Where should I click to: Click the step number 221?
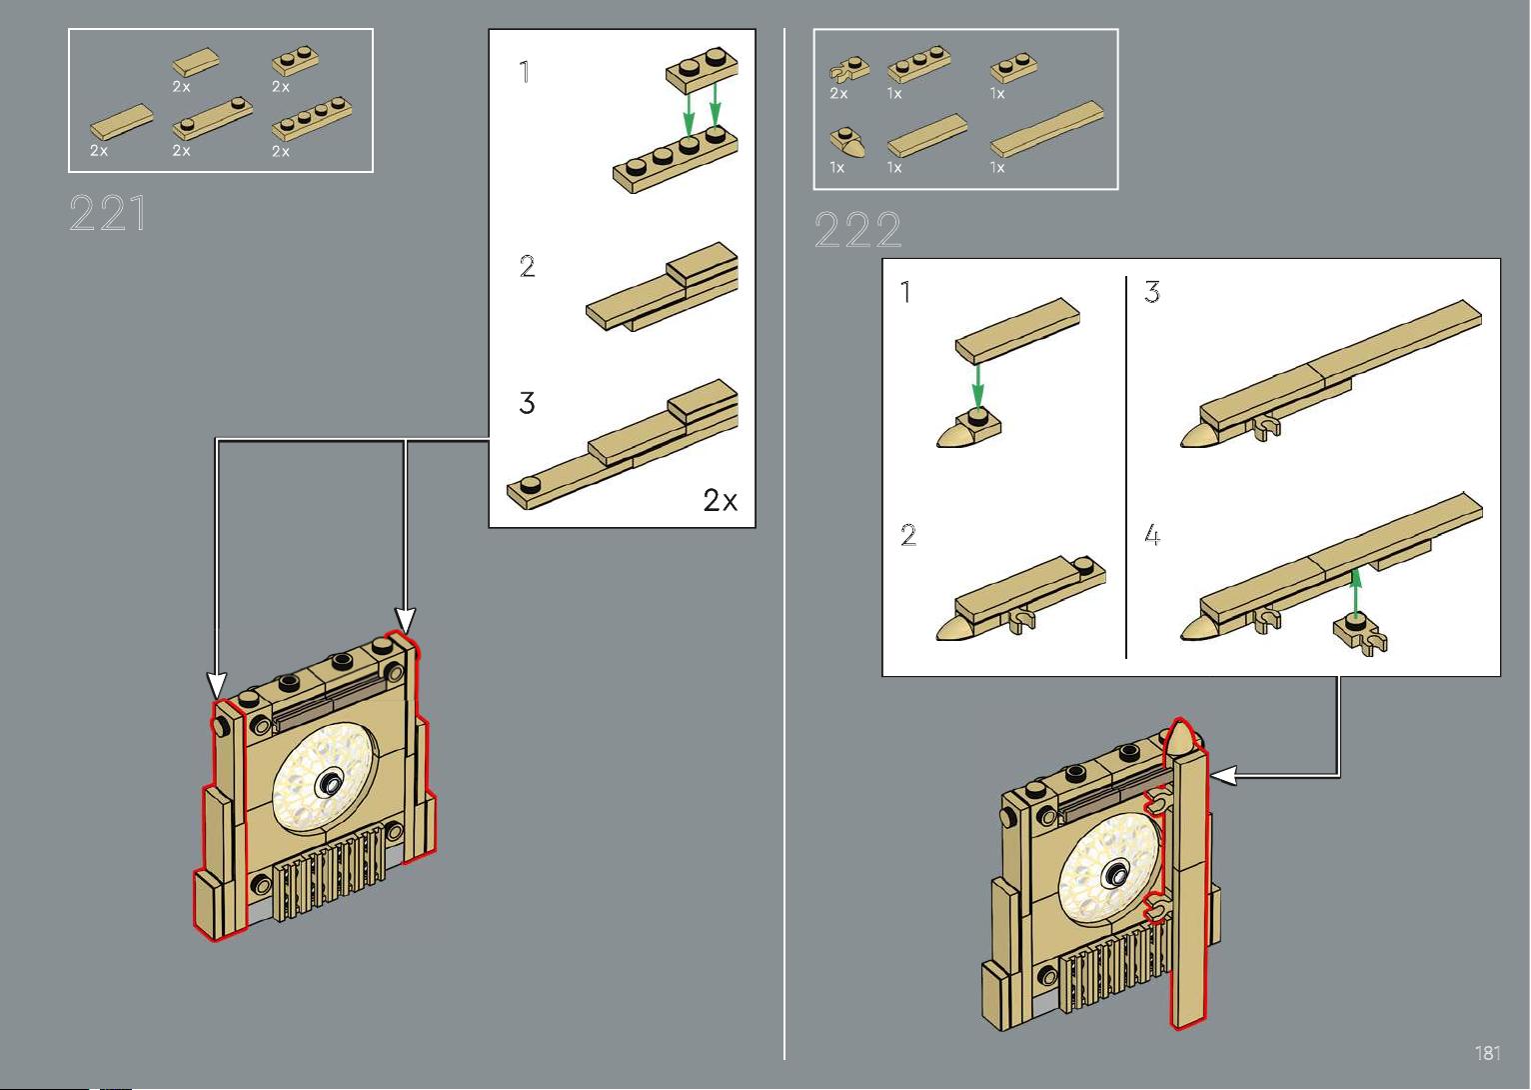(108, 214)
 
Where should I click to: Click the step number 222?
(857, 231)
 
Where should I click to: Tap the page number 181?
(1487, 1053)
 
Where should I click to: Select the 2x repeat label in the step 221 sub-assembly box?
(720, 500)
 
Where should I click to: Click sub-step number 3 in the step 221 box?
(527, 403)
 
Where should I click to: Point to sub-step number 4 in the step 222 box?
(1152, 536)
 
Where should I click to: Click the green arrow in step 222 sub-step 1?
(977, 384)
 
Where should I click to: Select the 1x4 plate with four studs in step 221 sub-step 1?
(675, 163)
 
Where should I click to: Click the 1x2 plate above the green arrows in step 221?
(702, 69)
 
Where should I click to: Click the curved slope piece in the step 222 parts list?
(845, 141)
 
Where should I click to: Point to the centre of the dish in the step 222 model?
(1110, 876)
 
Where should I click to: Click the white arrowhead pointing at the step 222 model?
(1222, 774)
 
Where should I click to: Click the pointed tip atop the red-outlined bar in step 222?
(1182, 739)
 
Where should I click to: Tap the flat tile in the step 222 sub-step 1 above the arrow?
(1017, 329)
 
